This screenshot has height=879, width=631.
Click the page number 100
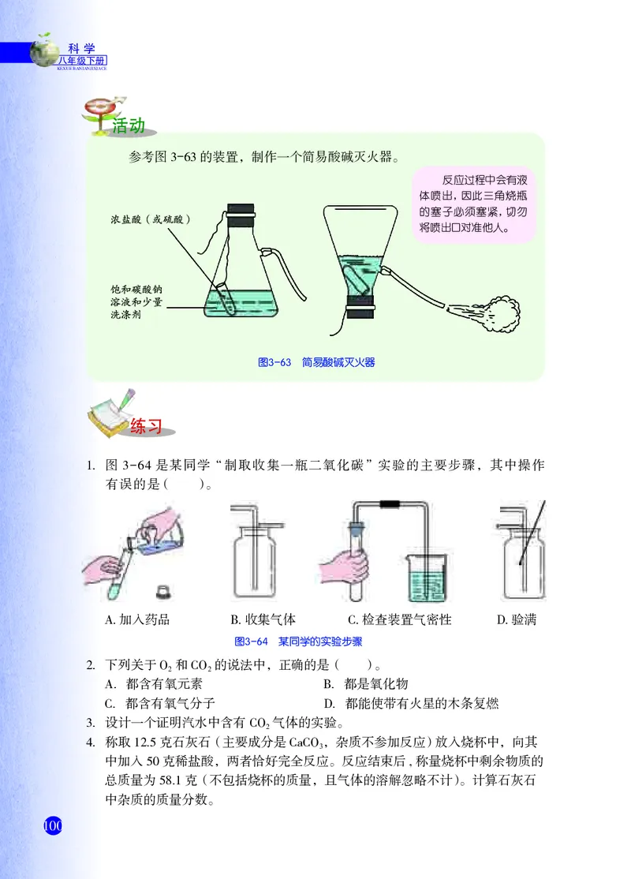[x=52, y=827]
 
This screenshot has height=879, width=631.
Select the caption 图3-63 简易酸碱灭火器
[x=316, y=362]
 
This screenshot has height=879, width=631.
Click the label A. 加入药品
[x=137, y=620]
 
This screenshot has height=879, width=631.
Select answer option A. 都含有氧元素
[x=155, y=683]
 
